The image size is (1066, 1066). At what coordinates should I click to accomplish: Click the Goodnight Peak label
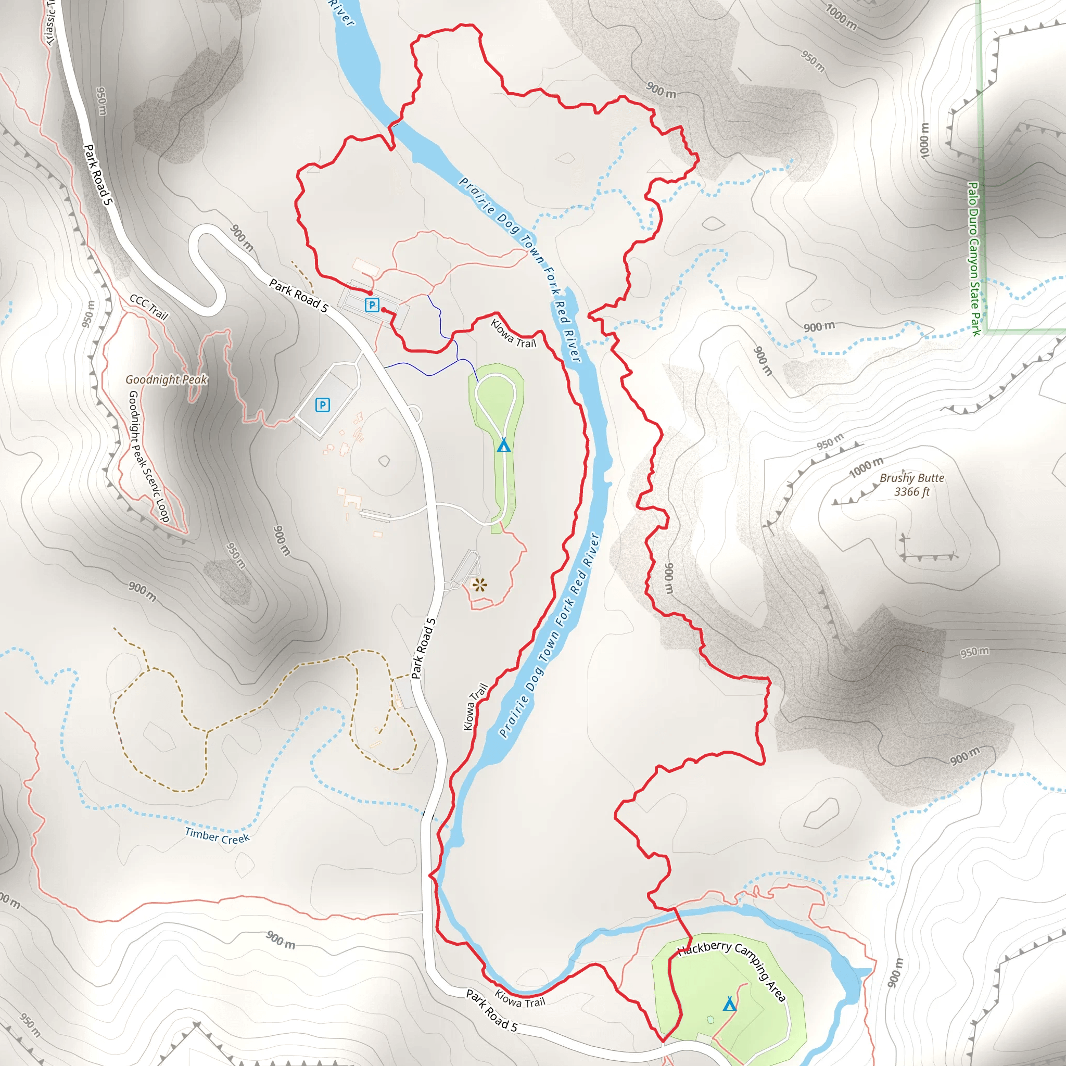[x=166, y=379]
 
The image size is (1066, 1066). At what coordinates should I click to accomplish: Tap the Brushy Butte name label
[x=911, y=478]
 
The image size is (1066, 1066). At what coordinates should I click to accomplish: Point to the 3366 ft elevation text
[x=911, y=492]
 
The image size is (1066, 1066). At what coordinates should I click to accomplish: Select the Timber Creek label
[x=218, y=836]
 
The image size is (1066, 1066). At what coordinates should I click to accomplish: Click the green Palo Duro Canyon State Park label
[x=974, y=259]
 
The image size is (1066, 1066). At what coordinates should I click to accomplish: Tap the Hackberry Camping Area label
[x=732, y=969]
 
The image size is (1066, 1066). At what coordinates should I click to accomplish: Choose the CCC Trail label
[x=148, y=307]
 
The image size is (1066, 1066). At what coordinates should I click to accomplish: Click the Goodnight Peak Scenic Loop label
[x=148, y=456]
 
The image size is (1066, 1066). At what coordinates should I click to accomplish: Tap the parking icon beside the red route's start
[x=372, y=304]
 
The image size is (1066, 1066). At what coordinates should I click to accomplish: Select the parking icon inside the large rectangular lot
[x=322, y=405]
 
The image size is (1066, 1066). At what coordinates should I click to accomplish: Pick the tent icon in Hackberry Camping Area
[x=729, y=1004]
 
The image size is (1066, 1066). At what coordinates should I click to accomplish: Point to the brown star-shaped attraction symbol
[x=479, y=585]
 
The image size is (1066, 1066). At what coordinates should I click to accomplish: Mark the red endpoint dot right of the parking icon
[x=384, y=310]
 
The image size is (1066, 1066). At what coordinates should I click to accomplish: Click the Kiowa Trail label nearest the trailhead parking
[x=513, y=334]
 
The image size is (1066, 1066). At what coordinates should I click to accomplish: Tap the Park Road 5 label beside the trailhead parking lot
[x=298, y=295]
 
